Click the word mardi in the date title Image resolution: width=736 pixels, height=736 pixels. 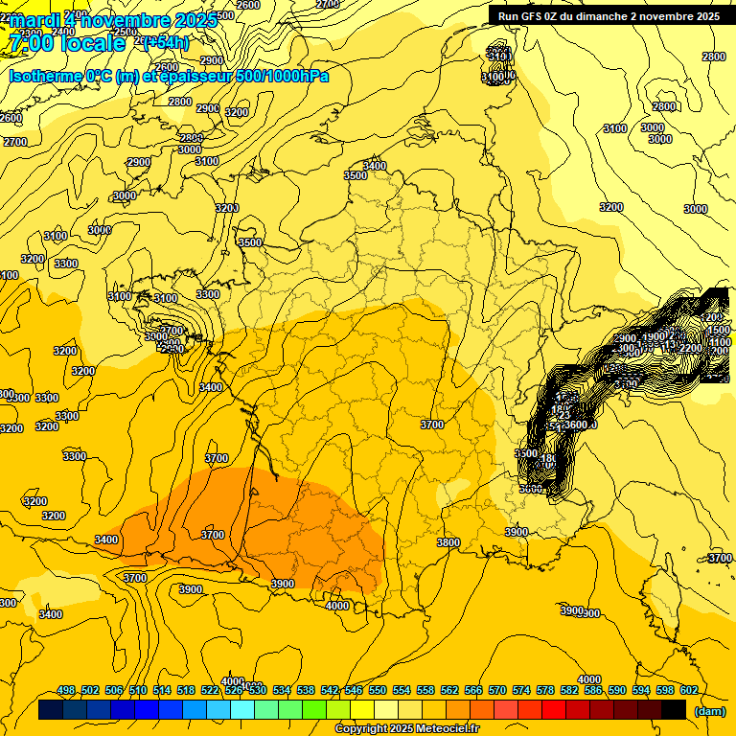point(34,20)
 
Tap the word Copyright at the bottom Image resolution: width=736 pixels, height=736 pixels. point(360,728)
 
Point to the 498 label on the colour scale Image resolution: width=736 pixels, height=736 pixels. point(66,690)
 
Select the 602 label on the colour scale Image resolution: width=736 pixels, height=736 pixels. point(688,690)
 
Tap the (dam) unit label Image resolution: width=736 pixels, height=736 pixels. point(710,710)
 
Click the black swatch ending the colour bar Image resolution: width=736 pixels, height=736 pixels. point(674,710)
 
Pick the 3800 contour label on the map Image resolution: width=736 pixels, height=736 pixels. point(448,542)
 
